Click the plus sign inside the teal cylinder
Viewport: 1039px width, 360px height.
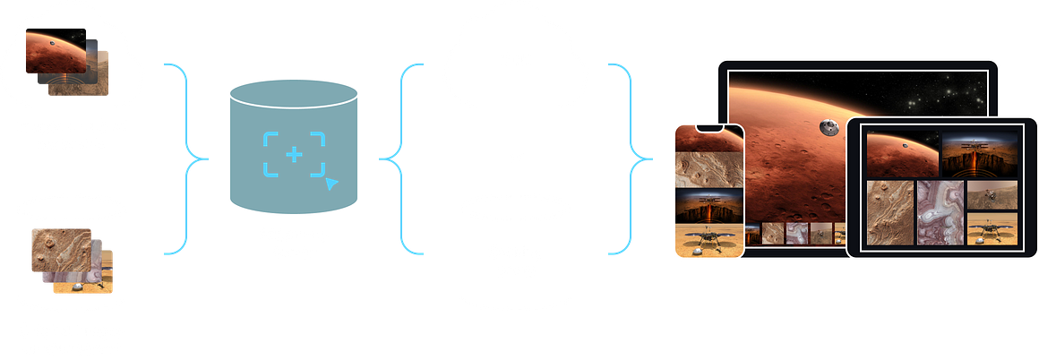point(294,154)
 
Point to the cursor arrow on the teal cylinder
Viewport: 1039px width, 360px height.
point(331,184)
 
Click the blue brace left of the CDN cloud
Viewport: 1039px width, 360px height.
point(399,159)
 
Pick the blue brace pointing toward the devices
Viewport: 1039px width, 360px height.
point(631,159)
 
